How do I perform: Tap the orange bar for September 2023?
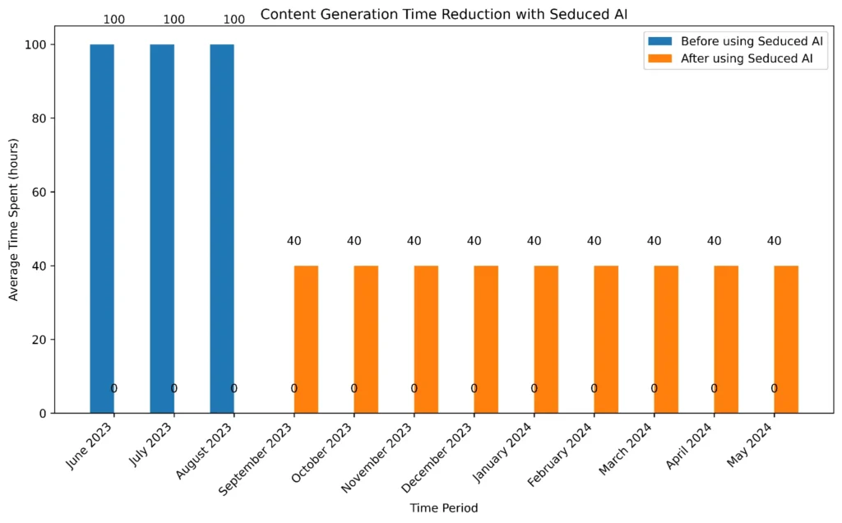click(306, 339)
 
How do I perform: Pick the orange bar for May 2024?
click(786, 339)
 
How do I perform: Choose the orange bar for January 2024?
click(546, 339)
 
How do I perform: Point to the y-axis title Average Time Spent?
click(14, 224)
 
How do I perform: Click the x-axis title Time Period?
click(444, 508)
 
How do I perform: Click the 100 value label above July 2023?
click(174, 20)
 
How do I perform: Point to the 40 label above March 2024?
click(654, 241)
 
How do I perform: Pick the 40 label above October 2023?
click(354, 241)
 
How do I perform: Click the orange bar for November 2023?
click(426, 339)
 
